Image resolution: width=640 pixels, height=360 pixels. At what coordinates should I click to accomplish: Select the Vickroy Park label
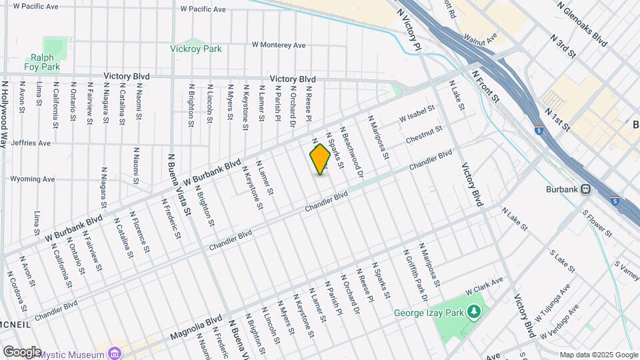pos(195,49)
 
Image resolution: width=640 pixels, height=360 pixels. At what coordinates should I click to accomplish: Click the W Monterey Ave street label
pos(278,45)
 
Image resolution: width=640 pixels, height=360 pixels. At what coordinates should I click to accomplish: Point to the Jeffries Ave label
pos(31,143)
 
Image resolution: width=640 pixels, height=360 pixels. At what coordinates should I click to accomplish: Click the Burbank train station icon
pos(586,188)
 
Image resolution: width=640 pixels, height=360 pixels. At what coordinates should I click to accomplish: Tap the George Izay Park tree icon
pos(474,311)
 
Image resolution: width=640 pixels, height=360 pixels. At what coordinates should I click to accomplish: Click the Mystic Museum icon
pos(115,353)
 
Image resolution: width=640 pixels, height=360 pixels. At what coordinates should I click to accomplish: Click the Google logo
pos(21,351)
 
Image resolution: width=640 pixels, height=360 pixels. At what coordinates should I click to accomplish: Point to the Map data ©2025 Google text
pos(598,354)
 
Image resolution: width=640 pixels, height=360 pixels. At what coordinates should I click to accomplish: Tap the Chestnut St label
pos(424,134)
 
